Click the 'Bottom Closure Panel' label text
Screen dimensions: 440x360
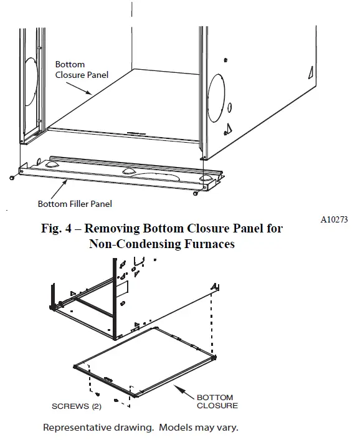point(82,70)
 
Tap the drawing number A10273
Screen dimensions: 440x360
point(334,219)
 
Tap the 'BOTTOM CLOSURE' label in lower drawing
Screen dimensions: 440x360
point(215,401)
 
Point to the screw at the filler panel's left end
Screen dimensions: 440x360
point(12,178)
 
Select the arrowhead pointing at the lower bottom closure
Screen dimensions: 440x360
point(175,387)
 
